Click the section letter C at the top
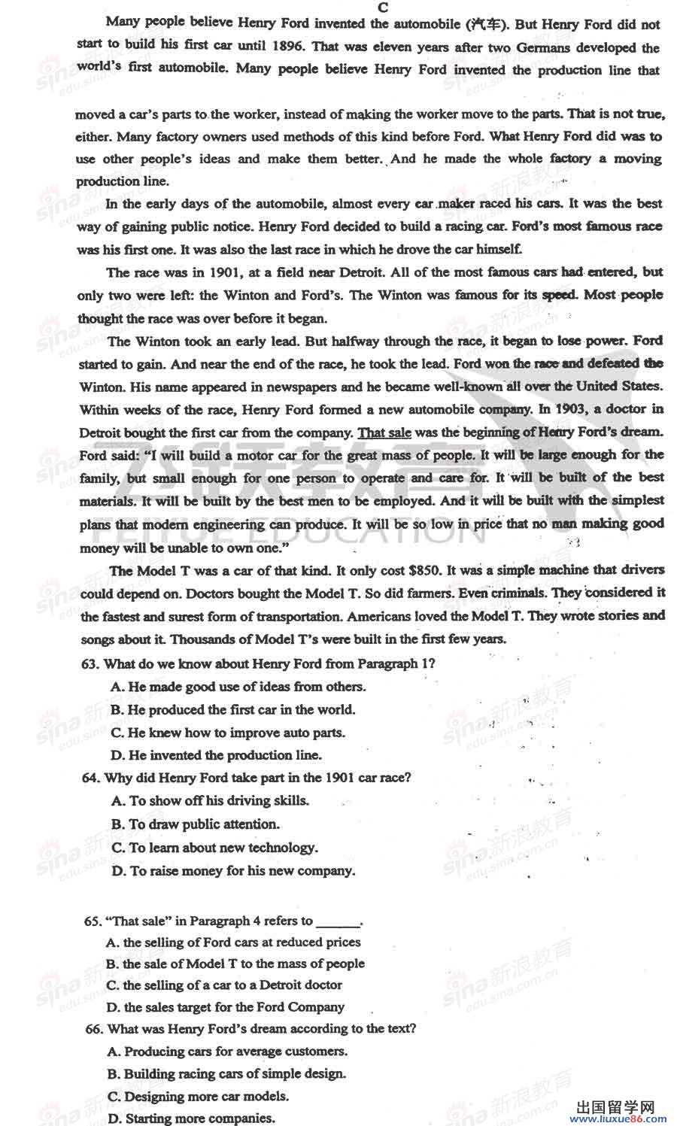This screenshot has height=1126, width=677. point(383,8)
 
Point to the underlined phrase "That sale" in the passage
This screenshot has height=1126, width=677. point(384,432)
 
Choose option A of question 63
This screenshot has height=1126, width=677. point(238,687)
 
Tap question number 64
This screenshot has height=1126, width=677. point(91,778)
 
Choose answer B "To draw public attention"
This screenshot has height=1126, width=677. point(196,824)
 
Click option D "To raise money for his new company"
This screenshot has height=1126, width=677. point(233,871)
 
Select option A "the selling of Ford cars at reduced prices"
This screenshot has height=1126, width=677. point(233,942)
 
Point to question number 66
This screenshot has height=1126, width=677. point(94,1029)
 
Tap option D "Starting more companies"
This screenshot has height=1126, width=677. point(191,1118)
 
